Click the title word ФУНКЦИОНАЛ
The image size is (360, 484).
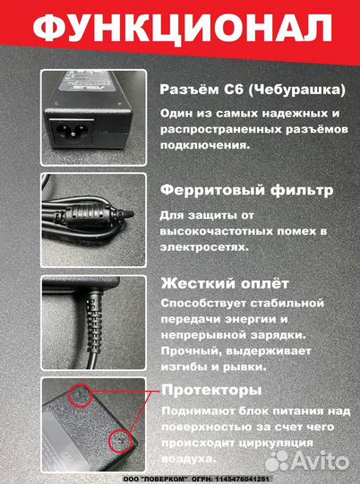(x=180, y=29)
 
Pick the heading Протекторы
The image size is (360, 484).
(x=211, y=391)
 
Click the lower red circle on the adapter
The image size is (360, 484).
(x=118, y=439)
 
